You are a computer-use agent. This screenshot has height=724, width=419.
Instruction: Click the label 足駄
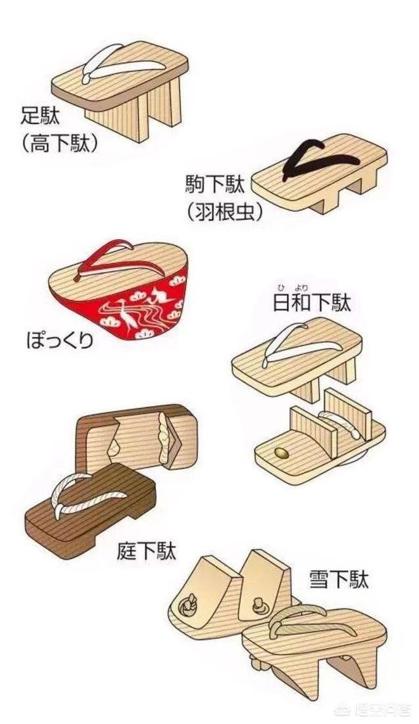pos(41,118)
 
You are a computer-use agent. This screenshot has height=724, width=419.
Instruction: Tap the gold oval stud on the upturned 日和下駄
pos(282,453)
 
